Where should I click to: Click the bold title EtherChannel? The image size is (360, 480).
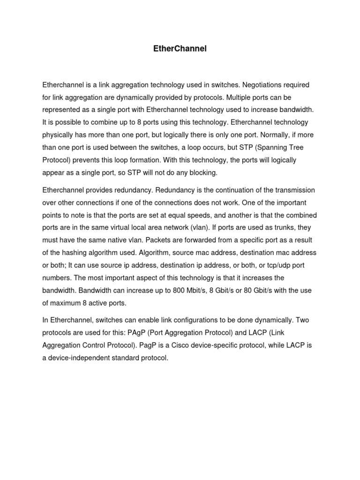(180, 49)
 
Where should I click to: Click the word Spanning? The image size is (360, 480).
(264, 148)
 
